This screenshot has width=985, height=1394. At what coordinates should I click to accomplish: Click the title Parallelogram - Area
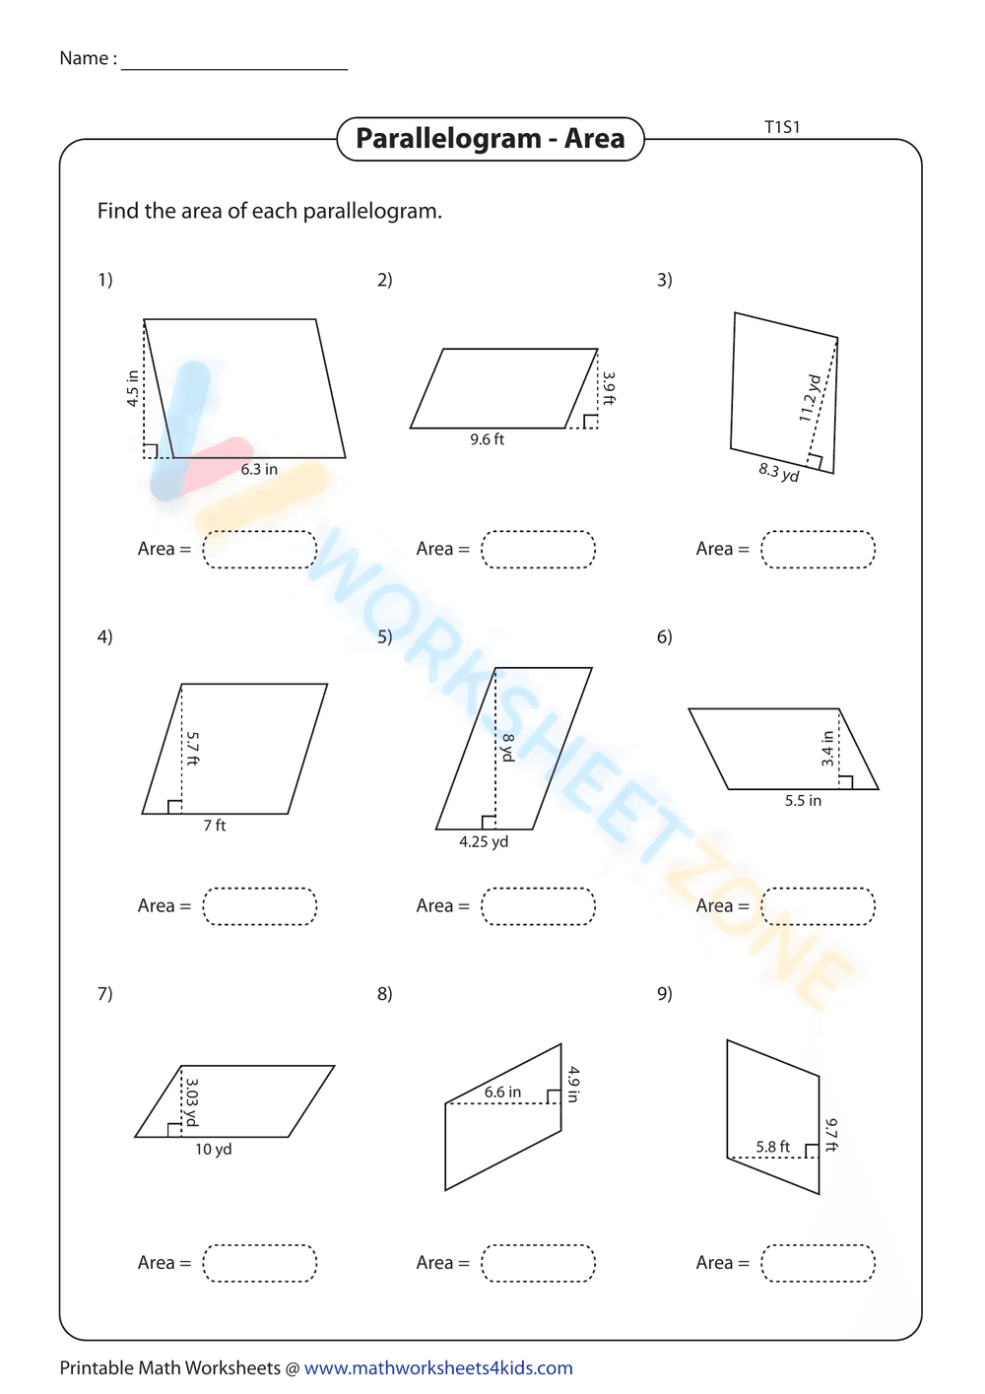(490, 139)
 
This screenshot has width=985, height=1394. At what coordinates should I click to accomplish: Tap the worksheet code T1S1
(782, 127)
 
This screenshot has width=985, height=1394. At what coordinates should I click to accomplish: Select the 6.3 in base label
(259, 470)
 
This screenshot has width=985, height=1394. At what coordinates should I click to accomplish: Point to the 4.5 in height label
(133, 389)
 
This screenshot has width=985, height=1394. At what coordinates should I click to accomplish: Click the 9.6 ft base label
(487, 439)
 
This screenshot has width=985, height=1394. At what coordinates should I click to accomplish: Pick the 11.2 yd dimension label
(810, 398)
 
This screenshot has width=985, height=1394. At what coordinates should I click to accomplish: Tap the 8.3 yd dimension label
(778, 473)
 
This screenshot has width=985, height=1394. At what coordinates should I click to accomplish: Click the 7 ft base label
(215, 826)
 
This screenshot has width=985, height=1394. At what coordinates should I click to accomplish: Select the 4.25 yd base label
(484, 842)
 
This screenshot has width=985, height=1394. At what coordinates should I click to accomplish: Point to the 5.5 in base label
(803, 801)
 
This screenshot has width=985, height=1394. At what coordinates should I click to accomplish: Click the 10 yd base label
(213, 1150)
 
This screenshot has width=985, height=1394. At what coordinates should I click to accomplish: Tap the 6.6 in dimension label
(502, 1093)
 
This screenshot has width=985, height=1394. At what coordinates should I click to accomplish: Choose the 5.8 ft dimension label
(772, 1147)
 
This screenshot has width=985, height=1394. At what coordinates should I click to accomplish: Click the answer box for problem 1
(260, 550)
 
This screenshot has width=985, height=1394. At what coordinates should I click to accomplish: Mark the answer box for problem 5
(538, 906)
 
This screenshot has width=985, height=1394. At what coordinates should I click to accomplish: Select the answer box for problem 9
(818, 1263)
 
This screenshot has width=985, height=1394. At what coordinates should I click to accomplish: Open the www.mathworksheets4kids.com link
(438, 1368)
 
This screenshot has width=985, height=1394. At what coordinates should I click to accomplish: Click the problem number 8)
(384, 994)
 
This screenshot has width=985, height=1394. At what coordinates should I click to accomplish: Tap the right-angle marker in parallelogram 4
(174, 807)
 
